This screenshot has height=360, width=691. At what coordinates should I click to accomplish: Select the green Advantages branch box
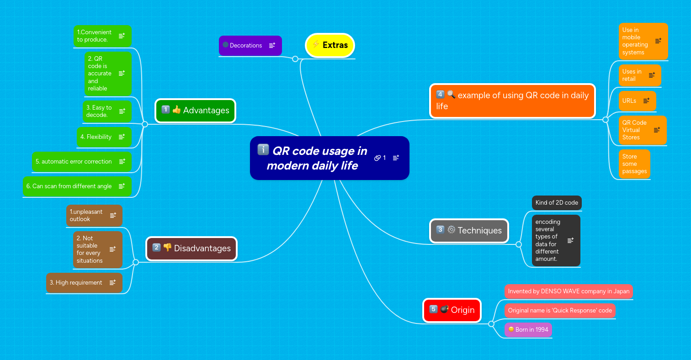pyautogui.click(x=195, y=111)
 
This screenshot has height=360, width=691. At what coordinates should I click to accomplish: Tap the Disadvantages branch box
pyautogui.click(x=191, y=249)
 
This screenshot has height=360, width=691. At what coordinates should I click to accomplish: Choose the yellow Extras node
pyautogui.click(x=330, y=45)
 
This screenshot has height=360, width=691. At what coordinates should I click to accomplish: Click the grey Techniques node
pyautogui.click(x=469, y=230)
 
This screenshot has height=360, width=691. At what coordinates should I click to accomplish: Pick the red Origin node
pyautogui.click(x=452, y=310)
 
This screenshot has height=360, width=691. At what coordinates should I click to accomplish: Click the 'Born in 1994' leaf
pyautogui.click(x=528, y=329)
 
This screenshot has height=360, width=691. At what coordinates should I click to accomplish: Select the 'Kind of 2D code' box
pyautogui.click(x=557, y=202)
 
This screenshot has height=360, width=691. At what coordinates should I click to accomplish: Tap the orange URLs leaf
pyautogui.click(x=629, y=101)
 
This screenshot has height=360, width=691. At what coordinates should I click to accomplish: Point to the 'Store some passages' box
pyautogui.click(x=634, y=164)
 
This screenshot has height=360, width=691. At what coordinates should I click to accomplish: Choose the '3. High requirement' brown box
pyautogui.click(x=76, y=283)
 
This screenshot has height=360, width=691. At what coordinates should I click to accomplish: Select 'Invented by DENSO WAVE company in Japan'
pyautogui.click(x=569, y=291)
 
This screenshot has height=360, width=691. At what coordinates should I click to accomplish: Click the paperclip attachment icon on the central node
pyautogui.click(x=377, y=158)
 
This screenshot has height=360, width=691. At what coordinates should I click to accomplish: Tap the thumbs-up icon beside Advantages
pyautogui.click(x=176, y=110)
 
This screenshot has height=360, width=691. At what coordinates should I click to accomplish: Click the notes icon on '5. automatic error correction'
pyautogui.click(x=122, y=162)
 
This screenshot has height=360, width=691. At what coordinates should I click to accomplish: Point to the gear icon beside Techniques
pyautogui.click(x=451, y=230)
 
